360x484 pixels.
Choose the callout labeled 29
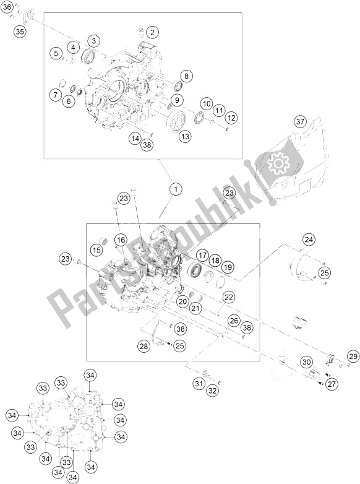pos(353,356)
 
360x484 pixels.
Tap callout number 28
pos(144,347)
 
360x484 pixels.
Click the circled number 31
pos(198,384)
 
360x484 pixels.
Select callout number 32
pos(212,390)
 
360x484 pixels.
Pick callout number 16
pos(120,240)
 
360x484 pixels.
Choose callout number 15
pos(96,250)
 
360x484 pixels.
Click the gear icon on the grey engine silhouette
pos(278,163)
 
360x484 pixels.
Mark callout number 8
pos(185,76)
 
